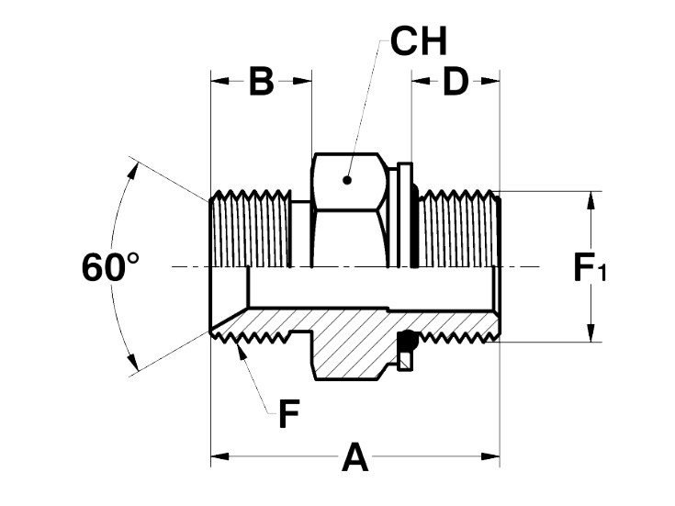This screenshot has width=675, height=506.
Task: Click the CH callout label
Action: [x=419, y=41]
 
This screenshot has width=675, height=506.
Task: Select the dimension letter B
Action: [x=262, y=81]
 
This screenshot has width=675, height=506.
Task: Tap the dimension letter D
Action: [x=456, y=81]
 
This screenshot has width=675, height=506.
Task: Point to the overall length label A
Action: [x=355, y=456]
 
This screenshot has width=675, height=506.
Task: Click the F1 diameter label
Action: [x=591, y=267]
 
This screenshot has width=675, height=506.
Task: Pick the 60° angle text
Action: [x=110, y=267]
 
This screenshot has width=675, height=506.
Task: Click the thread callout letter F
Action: [x=289, y=413]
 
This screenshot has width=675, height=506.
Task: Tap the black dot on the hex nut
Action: [x=347, y=180]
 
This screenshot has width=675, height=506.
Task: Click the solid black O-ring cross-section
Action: [x=408, y=340]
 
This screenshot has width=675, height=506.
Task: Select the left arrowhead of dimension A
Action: [x=219, y=456]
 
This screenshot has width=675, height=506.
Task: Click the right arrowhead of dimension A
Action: [x=490, y=456]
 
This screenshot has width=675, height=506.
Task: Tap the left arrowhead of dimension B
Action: [x=219, y=81]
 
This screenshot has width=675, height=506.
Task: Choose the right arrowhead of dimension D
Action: [x=490, y=81]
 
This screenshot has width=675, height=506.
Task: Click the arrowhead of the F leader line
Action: [x=242, y=352]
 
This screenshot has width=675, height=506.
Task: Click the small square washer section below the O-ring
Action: [x=406, y=361]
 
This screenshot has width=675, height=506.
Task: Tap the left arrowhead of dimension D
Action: [x=421, y=81]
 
